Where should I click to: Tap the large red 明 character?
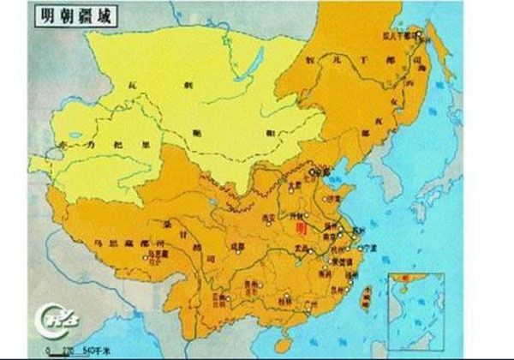coord(299,230)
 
